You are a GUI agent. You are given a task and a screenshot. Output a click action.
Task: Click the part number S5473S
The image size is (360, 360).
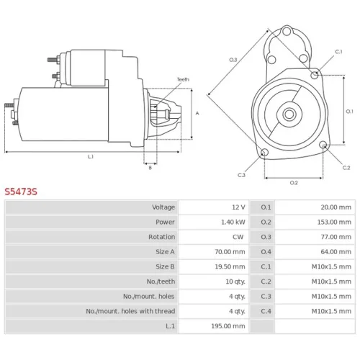tap(21, 192)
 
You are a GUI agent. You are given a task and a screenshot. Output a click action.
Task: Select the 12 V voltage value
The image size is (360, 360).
tap(238, 207)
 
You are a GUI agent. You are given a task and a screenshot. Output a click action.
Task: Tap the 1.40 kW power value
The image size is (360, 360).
tap(233, 222)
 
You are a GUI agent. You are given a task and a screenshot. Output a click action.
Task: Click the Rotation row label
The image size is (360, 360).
tap(162, 237)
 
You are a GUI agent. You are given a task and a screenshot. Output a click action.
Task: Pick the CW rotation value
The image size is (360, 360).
tap(238, 237)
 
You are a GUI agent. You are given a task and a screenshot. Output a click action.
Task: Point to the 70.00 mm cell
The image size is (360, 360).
tap(230, 252)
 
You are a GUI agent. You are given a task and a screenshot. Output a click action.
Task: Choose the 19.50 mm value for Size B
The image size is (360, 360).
tap(230, 266)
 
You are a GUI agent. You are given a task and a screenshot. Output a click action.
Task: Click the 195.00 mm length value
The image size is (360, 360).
tap(228, 326)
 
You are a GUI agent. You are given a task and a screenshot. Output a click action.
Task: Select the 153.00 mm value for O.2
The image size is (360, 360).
tap(334, 222)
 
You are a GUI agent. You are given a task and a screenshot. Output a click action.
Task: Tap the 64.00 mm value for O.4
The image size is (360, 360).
tap(336, 252)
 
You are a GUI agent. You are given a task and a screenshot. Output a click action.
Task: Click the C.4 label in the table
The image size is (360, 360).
tap(266, 311)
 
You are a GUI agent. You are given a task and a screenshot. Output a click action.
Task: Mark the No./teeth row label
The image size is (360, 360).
tap(161, 282)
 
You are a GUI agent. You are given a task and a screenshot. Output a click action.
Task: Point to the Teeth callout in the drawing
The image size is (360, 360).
tap(183, 79)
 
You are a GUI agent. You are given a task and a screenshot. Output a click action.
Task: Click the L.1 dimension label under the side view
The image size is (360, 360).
tap(91, 157)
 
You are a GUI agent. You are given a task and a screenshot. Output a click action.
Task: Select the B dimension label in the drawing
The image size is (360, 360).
tap(150, 168)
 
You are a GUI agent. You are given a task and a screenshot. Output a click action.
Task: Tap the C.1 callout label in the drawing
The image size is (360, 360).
tap(338, 52)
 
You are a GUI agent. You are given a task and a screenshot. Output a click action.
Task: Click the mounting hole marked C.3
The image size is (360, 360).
tap(264, 152)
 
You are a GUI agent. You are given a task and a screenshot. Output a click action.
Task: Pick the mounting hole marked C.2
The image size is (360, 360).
tap(323, 145)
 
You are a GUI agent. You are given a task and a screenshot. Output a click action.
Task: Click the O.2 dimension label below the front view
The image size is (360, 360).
tap(294, 183)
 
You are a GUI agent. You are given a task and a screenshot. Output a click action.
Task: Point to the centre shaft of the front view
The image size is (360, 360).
tap(289, 114)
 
